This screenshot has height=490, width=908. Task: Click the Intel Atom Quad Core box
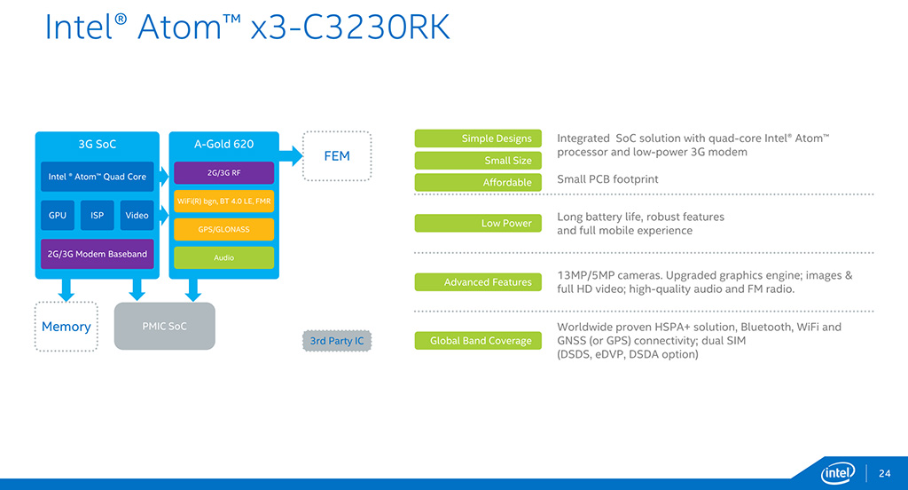coord(98,176)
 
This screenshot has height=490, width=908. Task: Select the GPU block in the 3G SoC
coord(58,215)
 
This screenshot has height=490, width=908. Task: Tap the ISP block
coord(98,215)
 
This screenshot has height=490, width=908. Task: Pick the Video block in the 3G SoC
coord(137,215)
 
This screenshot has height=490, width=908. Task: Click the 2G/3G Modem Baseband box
coord(98,254)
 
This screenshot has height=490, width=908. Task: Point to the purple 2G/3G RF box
coord(223,172)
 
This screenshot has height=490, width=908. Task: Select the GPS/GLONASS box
coord(223,229)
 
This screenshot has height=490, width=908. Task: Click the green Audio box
coord(223,257)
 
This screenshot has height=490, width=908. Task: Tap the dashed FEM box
coord(337,155)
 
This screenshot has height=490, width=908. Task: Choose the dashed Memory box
coord(67,326)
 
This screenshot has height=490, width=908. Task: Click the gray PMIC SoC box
coord(165,326)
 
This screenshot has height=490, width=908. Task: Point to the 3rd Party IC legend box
coord(337,340)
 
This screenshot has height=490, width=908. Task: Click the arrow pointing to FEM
coord(290,155)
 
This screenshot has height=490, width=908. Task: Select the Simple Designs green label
coord(478,138)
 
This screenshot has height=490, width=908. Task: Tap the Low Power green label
coord(478,223)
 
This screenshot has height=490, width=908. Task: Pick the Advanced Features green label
coord(478,282)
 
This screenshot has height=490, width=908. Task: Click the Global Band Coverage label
coord(478,341)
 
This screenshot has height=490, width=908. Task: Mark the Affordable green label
coord(478,182)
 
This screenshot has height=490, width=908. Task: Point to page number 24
coord(884,470)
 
